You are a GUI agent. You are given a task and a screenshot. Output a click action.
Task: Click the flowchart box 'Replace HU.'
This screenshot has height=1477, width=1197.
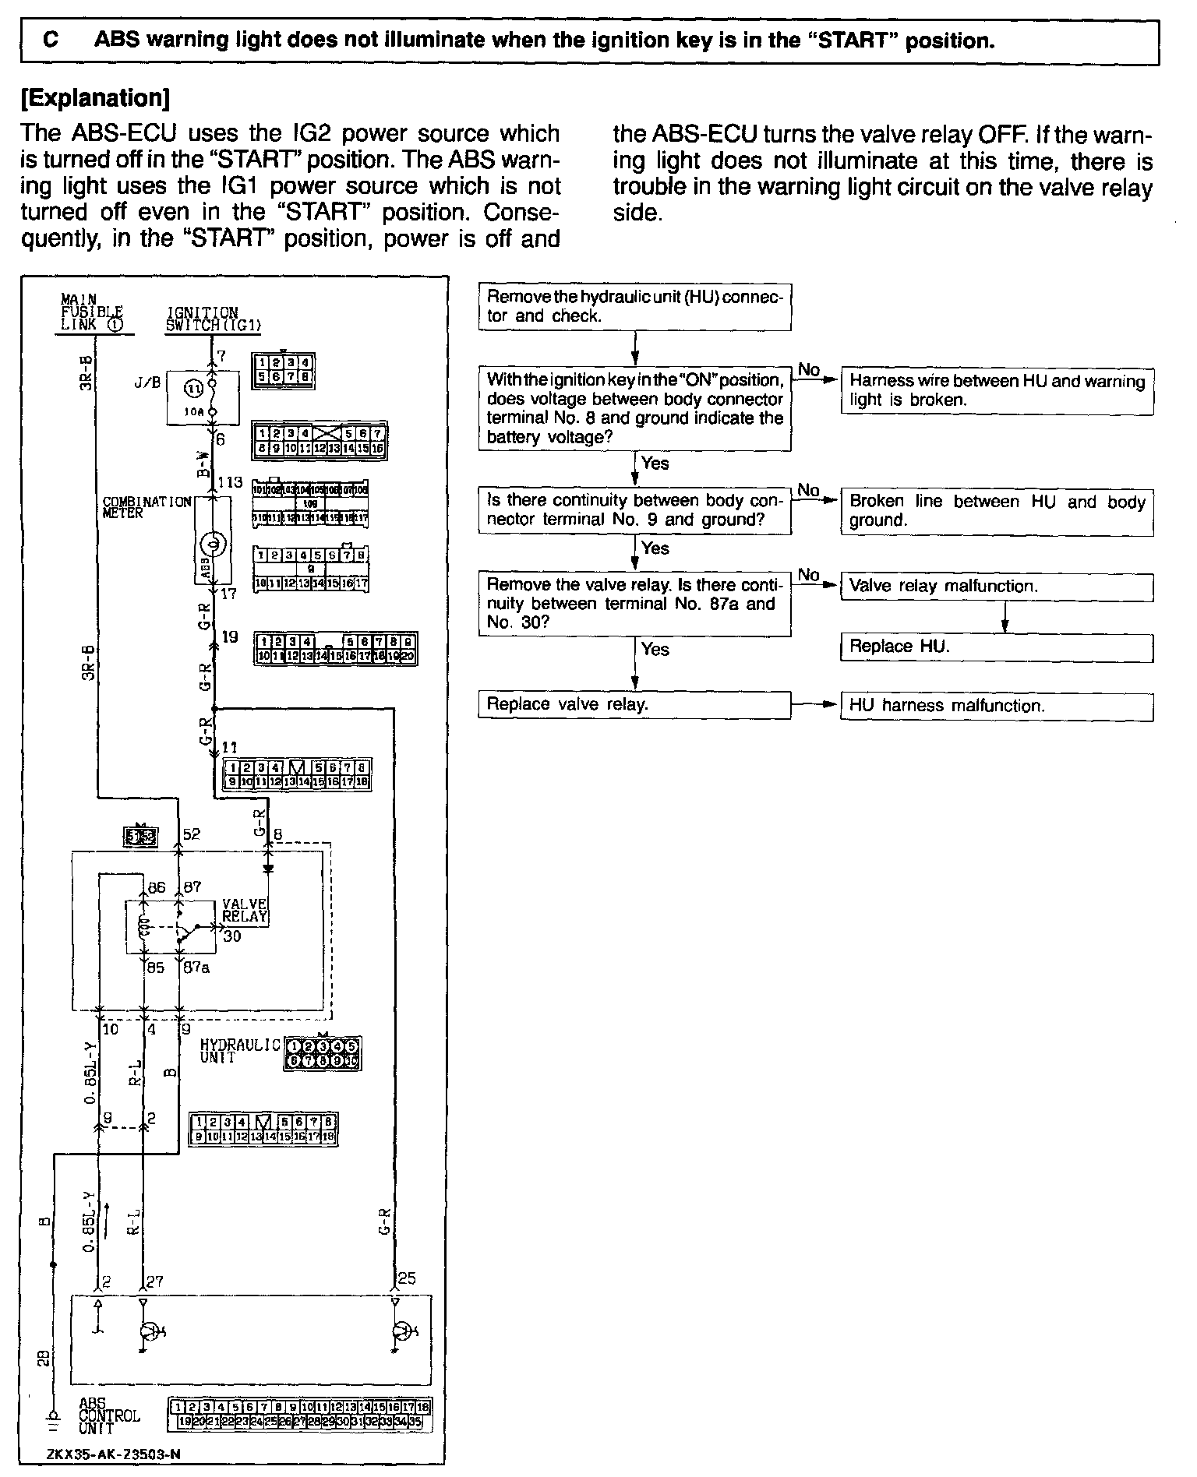point(996,647)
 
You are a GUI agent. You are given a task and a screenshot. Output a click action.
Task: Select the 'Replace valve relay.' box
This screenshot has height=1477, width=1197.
point(634,705)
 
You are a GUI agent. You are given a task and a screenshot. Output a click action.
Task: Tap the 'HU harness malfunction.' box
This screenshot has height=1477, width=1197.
point(996,707)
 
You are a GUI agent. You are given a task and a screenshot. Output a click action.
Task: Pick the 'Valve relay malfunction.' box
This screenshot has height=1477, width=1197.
point(996,587)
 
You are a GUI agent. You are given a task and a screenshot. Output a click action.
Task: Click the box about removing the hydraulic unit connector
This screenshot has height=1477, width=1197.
point(634,306)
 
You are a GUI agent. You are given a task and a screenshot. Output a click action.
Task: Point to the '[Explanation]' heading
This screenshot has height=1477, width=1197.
point(95,98)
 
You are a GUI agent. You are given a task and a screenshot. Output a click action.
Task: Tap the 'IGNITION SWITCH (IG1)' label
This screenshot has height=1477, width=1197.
point(213,319)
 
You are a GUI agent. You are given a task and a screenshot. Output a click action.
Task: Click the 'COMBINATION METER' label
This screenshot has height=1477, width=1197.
point(147,507)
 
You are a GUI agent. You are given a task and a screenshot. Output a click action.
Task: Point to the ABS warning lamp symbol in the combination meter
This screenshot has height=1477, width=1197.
point(212,543)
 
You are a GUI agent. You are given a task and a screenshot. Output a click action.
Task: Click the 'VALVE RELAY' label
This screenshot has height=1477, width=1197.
point(245,911)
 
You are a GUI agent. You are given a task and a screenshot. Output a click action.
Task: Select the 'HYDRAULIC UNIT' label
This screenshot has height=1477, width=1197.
point(240,1052)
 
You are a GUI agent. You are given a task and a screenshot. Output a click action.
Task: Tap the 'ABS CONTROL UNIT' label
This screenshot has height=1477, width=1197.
point(109,1415)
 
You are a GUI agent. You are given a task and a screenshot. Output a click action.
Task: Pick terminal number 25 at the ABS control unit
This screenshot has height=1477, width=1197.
point(407,1278)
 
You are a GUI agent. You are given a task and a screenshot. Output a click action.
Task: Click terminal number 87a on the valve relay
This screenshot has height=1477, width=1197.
point(195,968)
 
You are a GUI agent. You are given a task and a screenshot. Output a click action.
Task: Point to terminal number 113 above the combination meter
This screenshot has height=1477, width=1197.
point(230,483)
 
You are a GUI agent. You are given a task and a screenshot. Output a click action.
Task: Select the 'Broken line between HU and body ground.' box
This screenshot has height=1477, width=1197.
point(996,511)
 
